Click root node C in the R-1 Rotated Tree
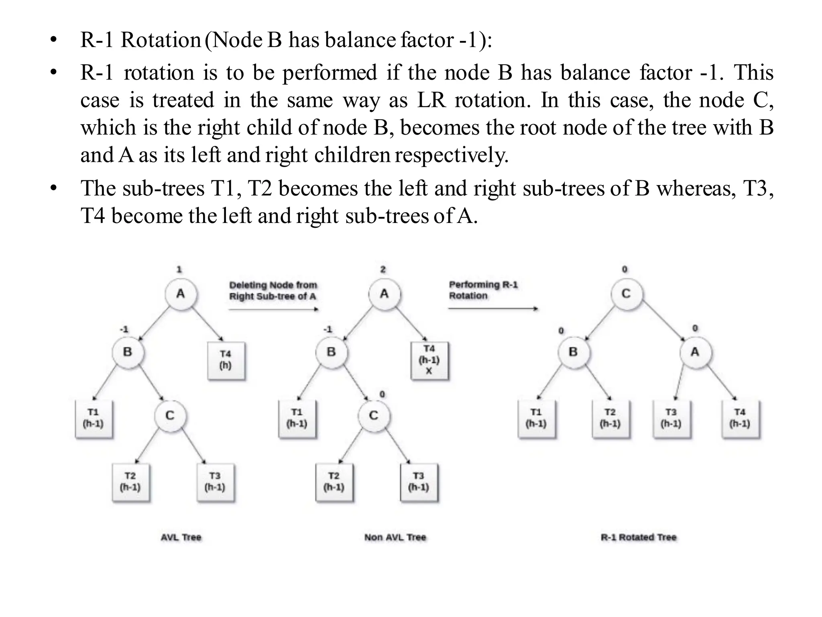pos(626,294)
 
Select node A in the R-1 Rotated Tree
pos(695,352)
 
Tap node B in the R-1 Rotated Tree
pos(573,352)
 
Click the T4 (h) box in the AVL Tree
pos(226,360)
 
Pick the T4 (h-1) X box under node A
pos(429,360)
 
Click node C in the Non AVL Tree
pos(374,416)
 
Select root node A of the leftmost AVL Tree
pos(181,294)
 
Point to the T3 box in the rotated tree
pos(671,419)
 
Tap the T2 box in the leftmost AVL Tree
pos(130,482)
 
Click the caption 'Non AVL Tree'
pos(395,537)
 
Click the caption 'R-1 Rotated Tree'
pos(638,537)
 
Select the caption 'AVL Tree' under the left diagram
pos(181,537)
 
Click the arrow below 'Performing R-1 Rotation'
pos(493,308)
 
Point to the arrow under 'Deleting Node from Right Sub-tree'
pos(273,309)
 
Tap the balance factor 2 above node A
pos(383,270)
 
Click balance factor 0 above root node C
pos(625,270)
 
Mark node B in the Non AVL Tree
pos(331,352)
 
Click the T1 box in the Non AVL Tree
pos(297,419)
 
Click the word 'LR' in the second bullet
pos(431,100)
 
